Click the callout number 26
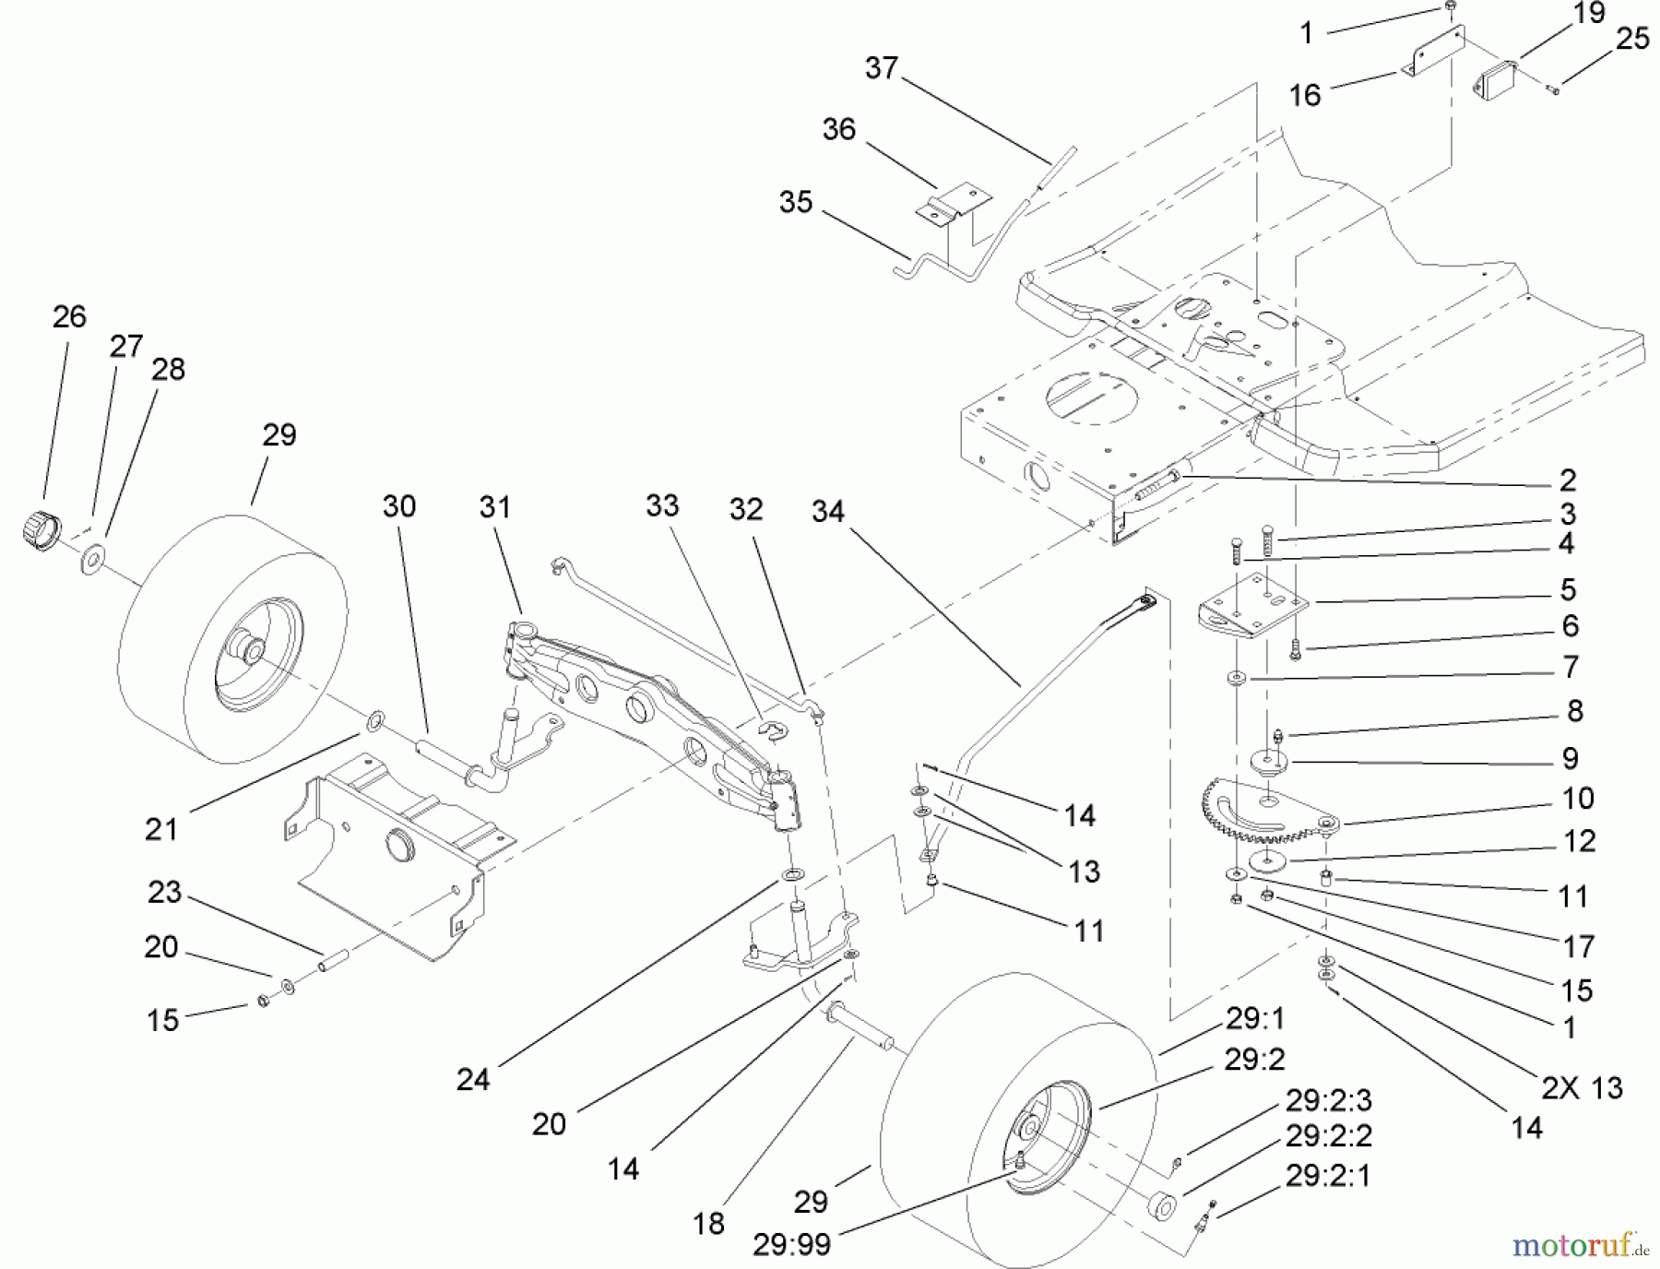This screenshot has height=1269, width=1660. [x=69, y=317]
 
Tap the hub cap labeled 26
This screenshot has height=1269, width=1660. [x=38, y=532]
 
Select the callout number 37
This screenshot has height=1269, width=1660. [x=882, y=68]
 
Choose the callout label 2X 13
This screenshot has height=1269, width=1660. [x=1581, y=1088]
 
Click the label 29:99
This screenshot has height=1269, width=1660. [x=791, y=1244]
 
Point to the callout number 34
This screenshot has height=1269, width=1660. [x=827, y=512]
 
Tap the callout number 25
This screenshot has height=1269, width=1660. [x=1632, y=39]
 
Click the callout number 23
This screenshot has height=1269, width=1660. [x=165, y=893]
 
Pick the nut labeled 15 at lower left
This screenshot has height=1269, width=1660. [x=263, y=1002]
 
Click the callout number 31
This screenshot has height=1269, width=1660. [x=495, y=507]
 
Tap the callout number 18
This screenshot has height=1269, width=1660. [x=708, y=1224]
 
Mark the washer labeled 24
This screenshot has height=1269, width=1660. [x=791, y=872]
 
